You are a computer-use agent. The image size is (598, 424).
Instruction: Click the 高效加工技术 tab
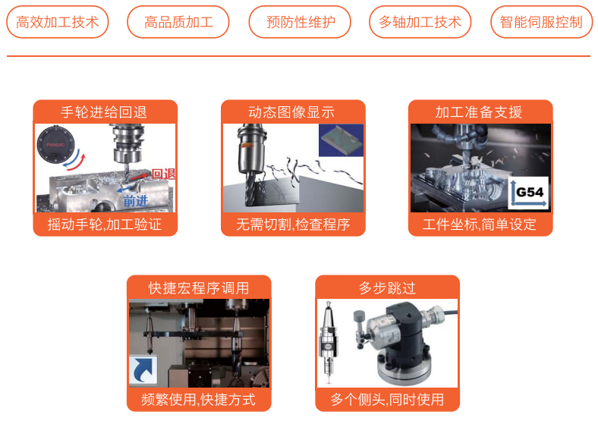click(58, 22)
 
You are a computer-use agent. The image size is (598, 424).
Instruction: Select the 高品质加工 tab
click(178, 22)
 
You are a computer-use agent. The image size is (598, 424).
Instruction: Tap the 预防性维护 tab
click(301, 22)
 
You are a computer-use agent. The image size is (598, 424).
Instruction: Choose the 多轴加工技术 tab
click(420, 22)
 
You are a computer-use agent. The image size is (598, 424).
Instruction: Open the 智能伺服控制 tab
click(542, 22)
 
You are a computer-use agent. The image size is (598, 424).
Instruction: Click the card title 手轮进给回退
click(104, 112)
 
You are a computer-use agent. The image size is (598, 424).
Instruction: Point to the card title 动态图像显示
click(291, 112)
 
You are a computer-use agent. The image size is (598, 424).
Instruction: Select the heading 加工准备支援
click(479, 112)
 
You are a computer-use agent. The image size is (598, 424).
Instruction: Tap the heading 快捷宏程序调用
click(199, 288)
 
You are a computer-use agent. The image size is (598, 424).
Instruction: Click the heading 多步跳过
click(387, 288)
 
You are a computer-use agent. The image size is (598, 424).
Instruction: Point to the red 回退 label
click(164, 174)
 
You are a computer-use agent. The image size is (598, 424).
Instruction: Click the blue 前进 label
click(135, 200)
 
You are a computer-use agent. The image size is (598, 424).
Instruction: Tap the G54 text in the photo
click(530, 192)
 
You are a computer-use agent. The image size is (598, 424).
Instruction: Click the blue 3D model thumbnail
click(341, 140)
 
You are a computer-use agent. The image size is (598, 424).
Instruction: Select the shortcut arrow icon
click(143, 369)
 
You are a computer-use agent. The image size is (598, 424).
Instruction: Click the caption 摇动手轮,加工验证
click(105, 225)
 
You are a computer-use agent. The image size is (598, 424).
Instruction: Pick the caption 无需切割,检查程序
click(293, 225)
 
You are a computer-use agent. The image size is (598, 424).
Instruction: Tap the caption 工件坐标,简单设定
click(480, 225)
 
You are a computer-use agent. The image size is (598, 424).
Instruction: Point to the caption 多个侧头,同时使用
click(387, 400)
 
